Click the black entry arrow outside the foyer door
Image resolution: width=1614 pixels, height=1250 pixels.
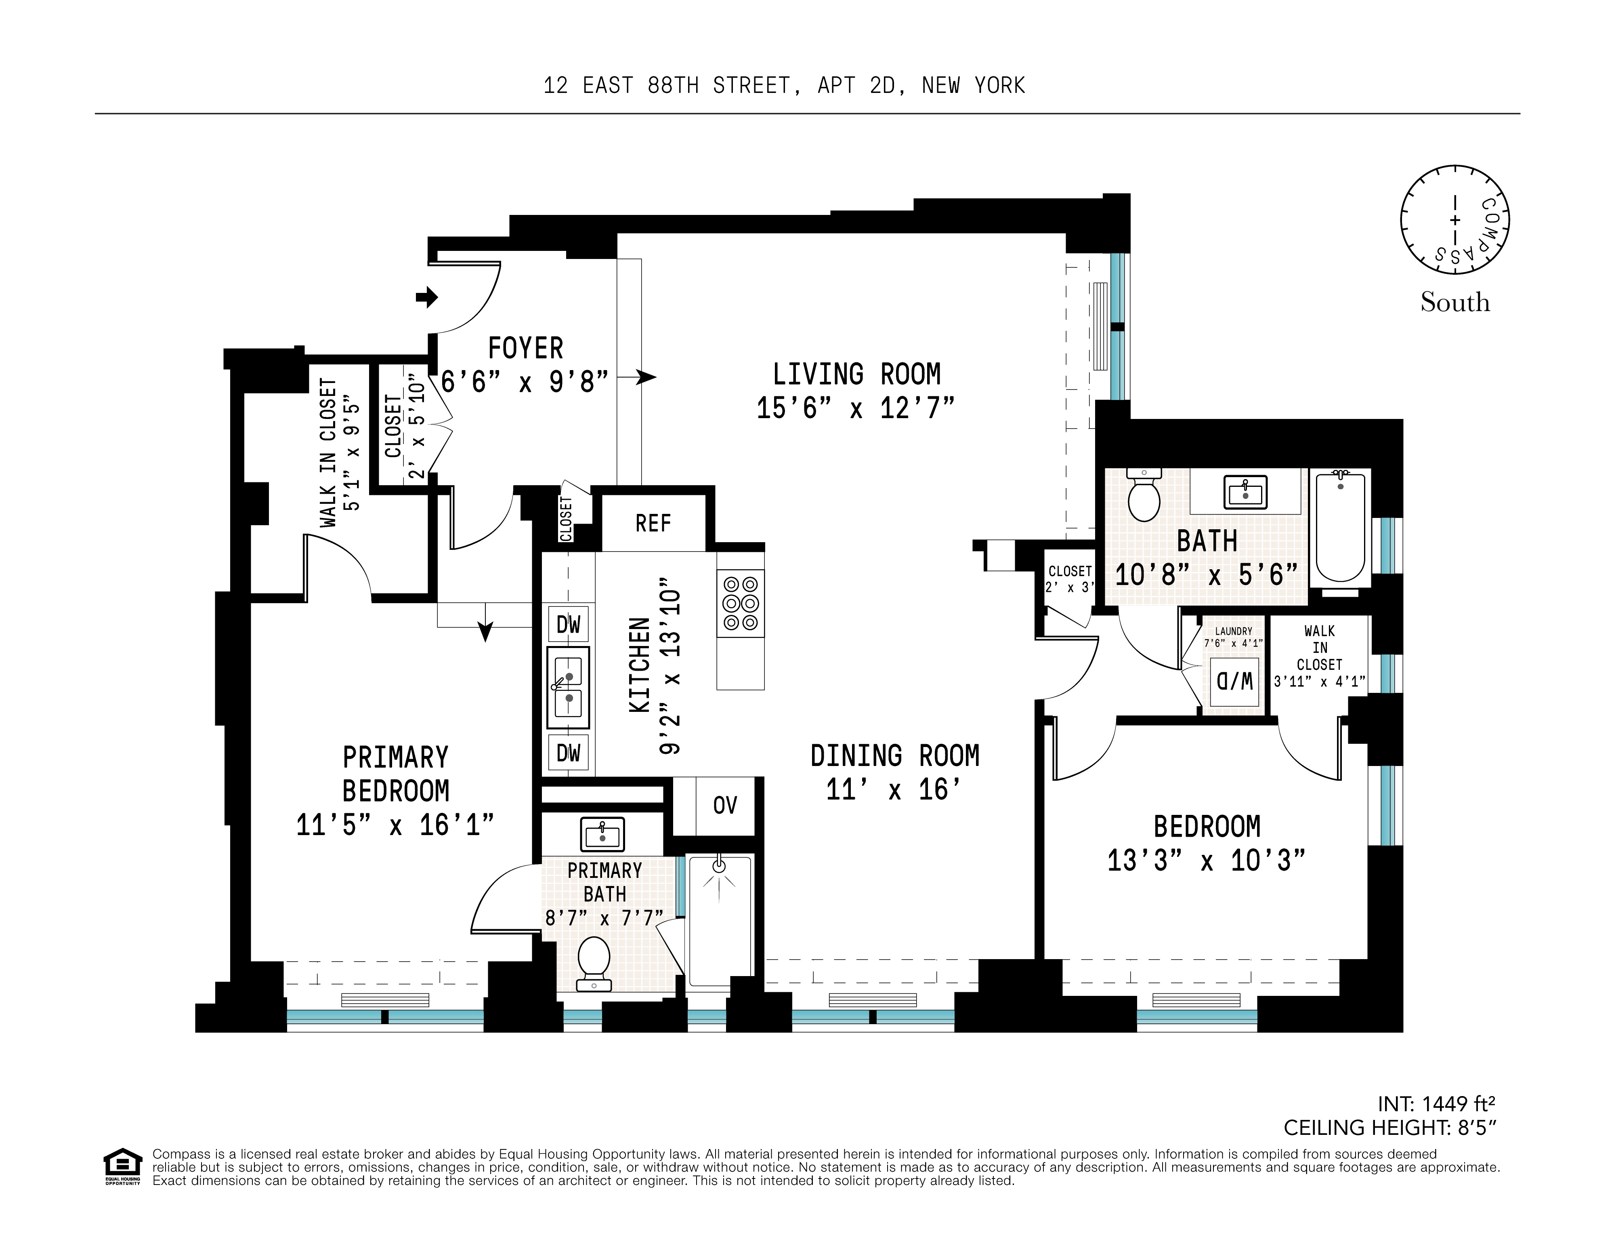[x=426, y=298]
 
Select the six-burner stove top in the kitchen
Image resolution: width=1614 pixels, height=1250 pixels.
[x=741, y=603]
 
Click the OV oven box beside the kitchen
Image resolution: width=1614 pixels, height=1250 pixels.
[x=724, y=805]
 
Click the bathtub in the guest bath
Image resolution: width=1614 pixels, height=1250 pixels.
[x=1340, y=527]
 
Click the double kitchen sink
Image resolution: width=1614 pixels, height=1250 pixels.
[x=568, y=688]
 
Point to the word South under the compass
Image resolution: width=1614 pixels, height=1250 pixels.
[x=1454, y=302]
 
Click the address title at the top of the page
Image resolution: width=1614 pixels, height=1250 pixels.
[x=784, y=86]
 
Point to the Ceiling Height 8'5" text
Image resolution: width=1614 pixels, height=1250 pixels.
[x=1389, y=1127]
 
